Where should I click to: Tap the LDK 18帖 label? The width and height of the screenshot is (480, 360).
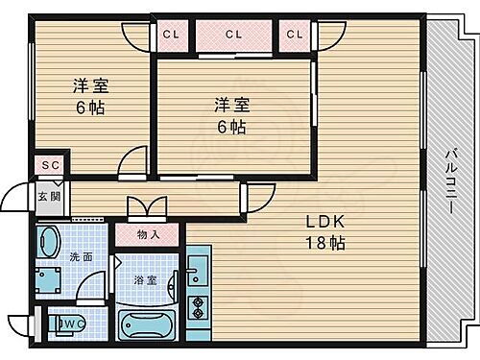325,231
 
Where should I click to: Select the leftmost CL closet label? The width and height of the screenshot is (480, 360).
170,35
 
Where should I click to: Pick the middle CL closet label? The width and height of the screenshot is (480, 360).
233,35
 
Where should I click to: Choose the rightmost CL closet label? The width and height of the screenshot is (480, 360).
294,35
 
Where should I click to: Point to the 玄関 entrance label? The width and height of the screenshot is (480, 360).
48,196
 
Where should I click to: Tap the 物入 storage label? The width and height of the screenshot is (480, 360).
148,233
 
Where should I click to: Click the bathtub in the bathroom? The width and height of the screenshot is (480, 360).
146,324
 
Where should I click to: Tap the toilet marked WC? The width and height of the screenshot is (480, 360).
67,324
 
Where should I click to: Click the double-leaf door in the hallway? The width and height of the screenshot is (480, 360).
146,205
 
